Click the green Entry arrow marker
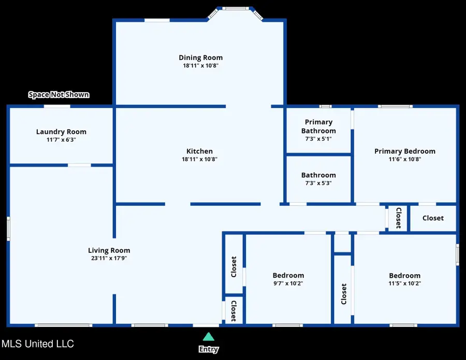[x=208, y=337]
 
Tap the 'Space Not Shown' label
[x=59, y=95]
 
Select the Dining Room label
[x=200, y=57]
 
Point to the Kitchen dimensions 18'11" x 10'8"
[x=199, y=159]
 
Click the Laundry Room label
[x=61, y=132]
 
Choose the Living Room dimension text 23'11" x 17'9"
[x=108, y=258]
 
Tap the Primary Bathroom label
[x=318, y=127]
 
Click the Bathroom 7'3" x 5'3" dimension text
[x=318, y=183]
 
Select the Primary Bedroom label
[x=404, y=152]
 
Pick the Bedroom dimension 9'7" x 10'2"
[x=288, y=283]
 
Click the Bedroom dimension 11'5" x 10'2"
[x=404, y=283]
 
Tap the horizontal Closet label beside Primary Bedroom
[x=433, y=218]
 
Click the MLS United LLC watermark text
[x=37, y=344]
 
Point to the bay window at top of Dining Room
[x=235, y=8]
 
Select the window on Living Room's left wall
[x=8, y=228]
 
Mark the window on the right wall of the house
[x=457, y=254]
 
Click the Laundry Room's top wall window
[x=57, y=107]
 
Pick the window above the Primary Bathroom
[x=325, y=107]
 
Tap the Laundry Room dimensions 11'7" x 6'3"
[x=61, y=140]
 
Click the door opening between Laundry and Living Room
[x=79, y=166]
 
